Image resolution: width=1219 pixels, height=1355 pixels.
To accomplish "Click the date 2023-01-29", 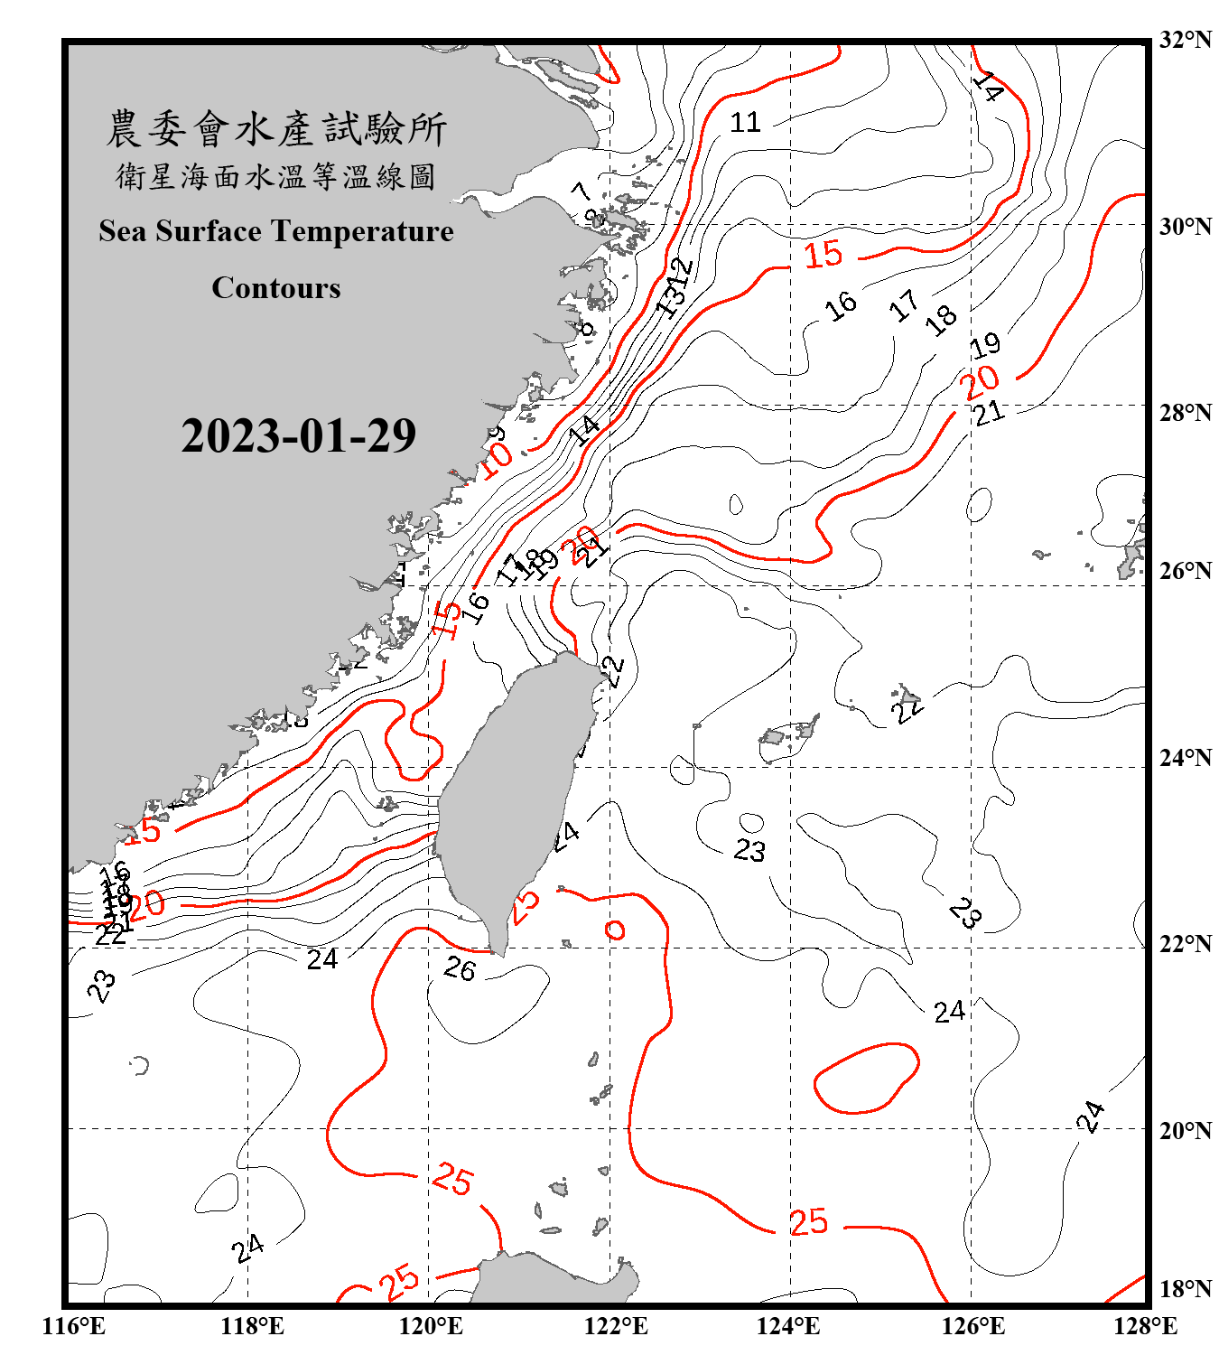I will pos(298,436).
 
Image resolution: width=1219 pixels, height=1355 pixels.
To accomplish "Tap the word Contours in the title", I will pos(276,288).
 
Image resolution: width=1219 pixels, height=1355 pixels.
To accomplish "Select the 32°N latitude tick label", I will pos(1185,40).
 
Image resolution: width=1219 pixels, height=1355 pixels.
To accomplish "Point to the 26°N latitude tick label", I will pos(1185,571).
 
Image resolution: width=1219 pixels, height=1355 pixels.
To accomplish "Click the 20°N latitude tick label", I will pos(1185,1130).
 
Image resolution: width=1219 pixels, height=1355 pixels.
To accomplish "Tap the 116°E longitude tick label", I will pos(74,1326).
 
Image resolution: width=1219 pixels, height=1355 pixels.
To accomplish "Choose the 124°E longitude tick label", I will pos(788,1326).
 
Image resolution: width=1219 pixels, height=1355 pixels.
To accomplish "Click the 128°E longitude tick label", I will pos(1145,1326).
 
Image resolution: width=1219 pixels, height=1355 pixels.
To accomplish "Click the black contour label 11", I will pos(745,122).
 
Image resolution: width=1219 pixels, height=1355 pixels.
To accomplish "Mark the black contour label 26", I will pos(460,969).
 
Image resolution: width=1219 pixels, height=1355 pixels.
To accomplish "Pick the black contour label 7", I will pos(582,191).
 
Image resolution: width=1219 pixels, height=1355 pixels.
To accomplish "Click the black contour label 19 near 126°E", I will pos(985,344).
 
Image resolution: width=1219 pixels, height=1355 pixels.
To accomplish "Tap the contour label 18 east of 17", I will pos(941,318).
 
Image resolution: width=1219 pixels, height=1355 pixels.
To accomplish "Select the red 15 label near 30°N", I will pos(823,255).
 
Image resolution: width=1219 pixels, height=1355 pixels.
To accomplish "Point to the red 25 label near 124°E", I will pos(808,1222).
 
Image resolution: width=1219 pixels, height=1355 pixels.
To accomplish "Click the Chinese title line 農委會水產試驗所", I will pos(276,129).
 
